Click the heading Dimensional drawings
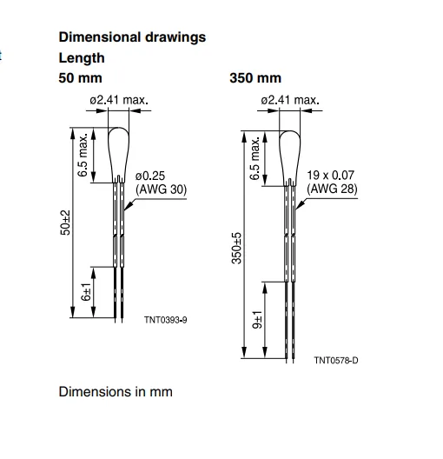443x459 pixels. coord(132,37)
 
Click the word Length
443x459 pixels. coord(82,58)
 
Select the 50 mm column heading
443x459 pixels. coord(81,78)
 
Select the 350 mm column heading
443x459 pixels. coord(255,78)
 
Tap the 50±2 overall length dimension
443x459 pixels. coord(65,223)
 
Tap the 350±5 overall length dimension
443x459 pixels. coord(236,249)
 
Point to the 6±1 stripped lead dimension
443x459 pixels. coord(86,292)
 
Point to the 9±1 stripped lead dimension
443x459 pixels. coord(257,320)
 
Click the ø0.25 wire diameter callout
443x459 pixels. coord(150,176)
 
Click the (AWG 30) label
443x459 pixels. coord(161,190)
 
